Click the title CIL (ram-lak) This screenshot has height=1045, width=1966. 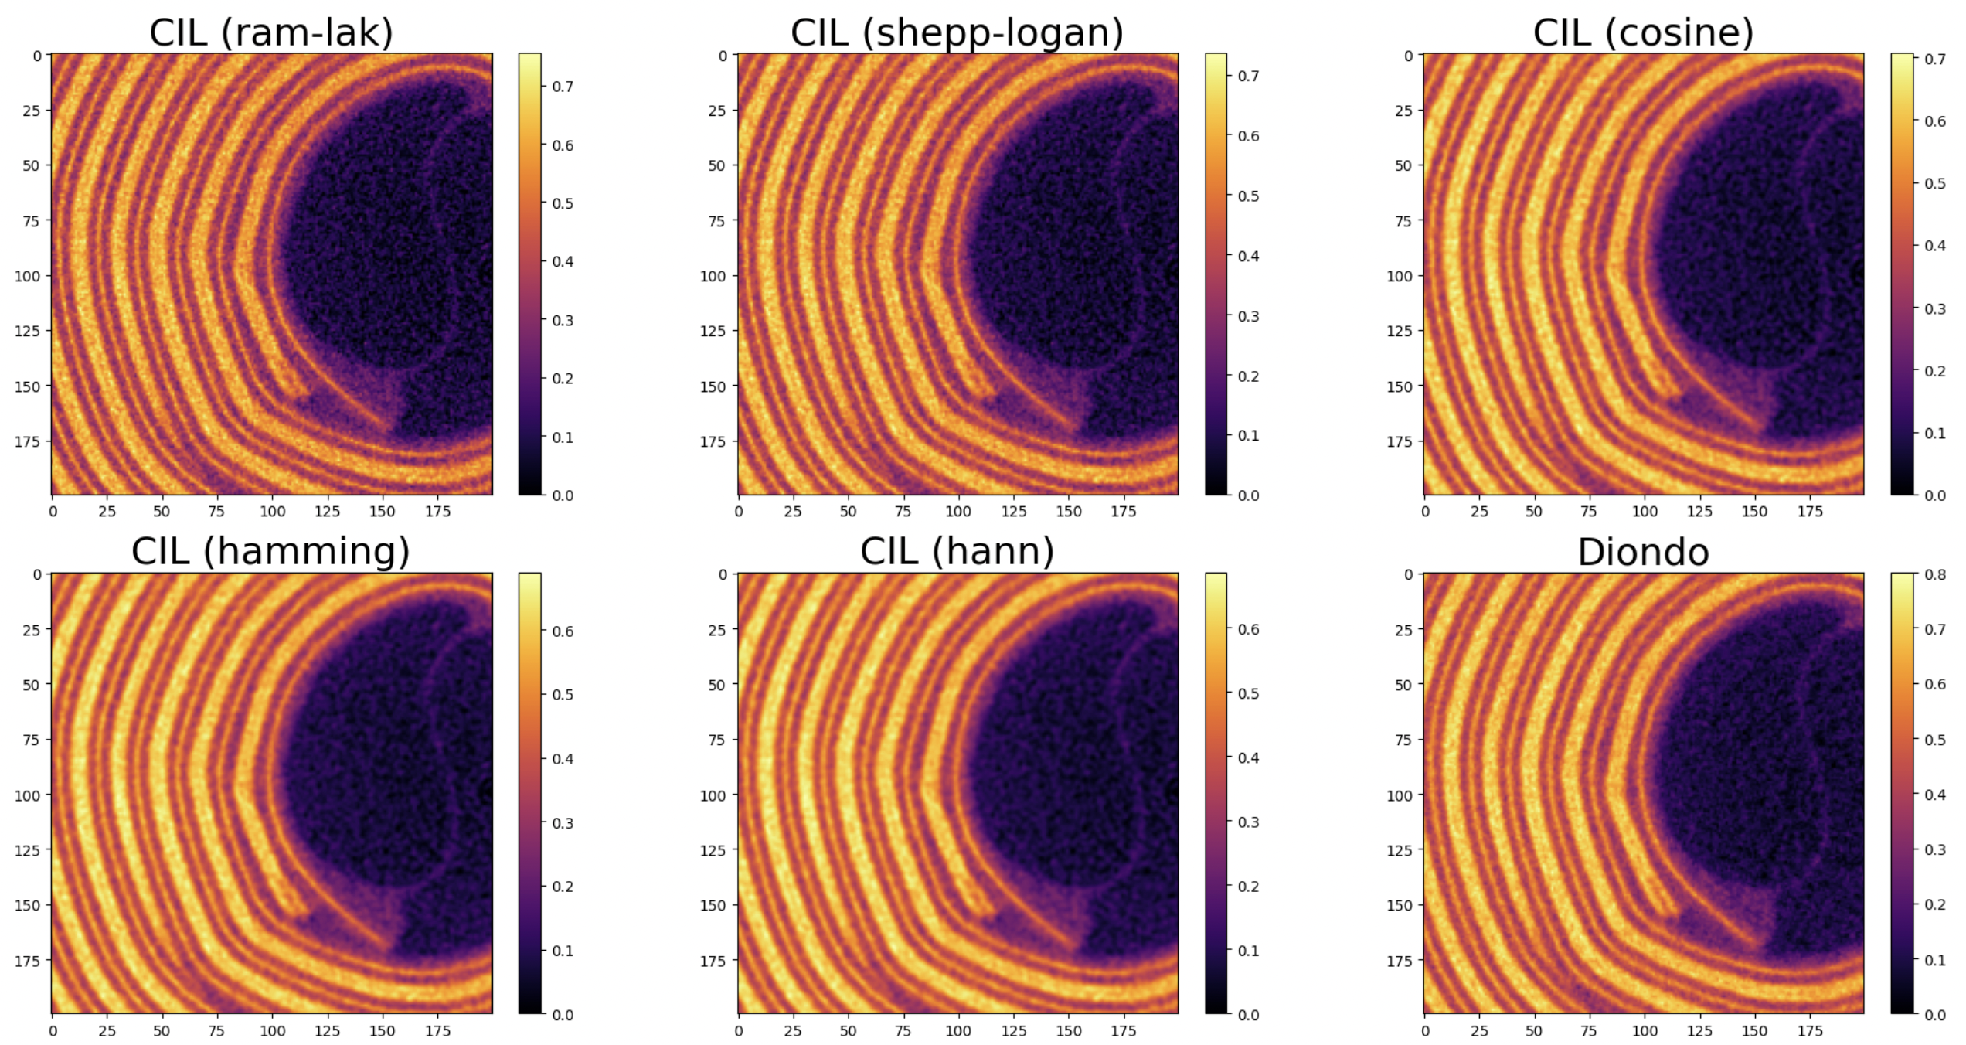coord(270,32)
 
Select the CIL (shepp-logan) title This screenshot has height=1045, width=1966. coord(957,32)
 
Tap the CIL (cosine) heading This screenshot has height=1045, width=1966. coord(1643,32)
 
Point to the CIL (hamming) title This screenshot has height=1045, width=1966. coord(270,551)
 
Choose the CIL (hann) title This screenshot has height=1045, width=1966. coord(957,551)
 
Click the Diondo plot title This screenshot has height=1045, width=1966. coord(1643,553)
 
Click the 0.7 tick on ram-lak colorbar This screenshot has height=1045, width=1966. coord(563,87)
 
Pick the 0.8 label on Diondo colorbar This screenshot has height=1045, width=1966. coord(1935,574)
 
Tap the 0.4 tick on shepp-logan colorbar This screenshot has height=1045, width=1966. coord(1248,257)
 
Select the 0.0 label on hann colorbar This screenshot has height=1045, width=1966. coord(1248,1015)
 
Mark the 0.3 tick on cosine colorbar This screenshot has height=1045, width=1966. coord(1935,308)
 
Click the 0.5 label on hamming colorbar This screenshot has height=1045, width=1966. coord(563,695)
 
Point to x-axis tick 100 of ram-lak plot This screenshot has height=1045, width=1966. coord(272,512)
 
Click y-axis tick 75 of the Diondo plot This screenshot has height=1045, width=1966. coord(1403,740)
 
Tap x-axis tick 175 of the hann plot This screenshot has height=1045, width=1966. coord(1124,1031)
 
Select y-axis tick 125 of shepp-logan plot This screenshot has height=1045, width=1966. coord(713,331)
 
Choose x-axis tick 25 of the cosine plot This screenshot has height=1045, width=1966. coord(1479,512)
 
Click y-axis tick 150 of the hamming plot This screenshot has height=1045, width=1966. coord(26,905)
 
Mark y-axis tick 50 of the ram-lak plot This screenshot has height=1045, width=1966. coord(31,165)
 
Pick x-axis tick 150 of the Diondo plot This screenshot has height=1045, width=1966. coord(1754,1031)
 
